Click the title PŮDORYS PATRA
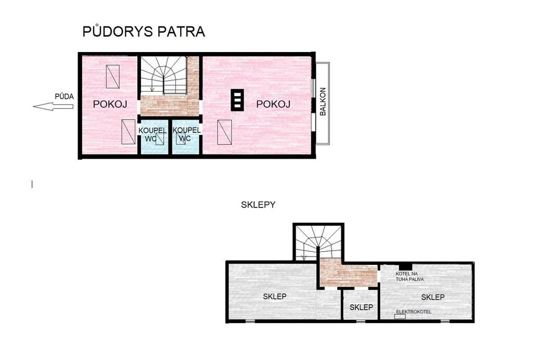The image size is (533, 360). (144, 31)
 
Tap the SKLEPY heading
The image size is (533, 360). (258, 205)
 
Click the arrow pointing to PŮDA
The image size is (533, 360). (53, 106)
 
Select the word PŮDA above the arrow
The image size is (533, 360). (64, 96)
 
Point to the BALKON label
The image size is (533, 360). (323, 101)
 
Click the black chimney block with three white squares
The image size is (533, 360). (237, 100)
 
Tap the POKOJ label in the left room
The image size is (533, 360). (110, 104)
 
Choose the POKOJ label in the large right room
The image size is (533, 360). (273, 104)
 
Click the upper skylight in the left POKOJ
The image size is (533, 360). (112, 76)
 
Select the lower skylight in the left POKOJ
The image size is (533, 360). (129, 132)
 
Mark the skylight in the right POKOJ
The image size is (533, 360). (224, 132)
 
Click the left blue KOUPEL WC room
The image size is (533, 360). (154, 137)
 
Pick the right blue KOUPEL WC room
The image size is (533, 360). (186, 137)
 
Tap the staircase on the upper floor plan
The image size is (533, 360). (164, 75)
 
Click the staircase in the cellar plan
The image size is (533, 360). (319, 243)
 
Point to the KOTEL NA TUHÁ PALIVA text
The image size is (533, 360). (410, 276)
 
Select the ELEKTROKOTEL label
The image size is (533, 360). (414, 312)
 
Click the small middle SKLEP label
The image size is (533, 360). (361, 307)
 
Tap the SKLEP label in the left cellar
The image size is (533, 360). (275, 297)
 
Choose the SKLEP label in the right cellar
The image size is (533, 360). (433, 298)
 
